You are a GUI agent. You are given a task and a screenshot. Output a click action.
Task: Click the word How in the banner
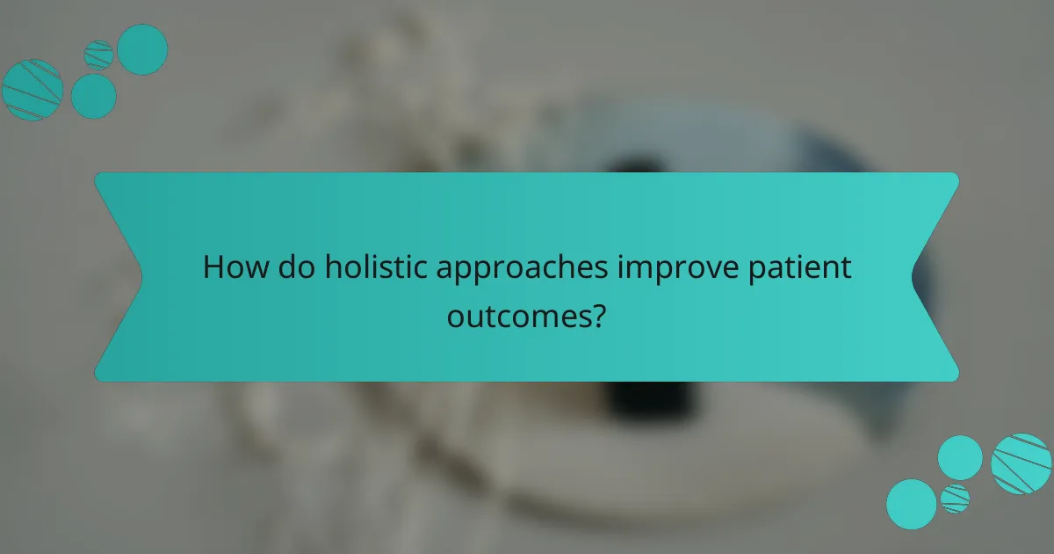click(x=230, y=268)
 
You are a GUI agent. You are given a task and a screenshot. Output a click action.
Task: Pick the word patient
click(x=806, y=268)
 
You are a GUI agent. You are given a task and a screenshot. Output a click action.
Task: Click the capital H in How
click(x=212, y=268)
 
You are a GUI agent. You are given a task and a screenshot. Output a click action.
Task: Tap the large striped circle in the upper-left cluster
click(x=32, y=90)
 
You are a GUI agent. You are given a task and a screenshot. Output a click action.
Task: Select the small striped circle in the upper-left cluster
click(x=98, y=55)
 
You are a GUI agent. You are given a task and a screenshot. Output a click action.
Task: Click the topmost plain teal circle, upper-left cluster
click(x=142, y=48)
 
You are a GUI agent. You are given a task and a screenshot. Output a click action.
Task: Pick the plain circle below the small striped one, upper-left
click(x=93, y=96)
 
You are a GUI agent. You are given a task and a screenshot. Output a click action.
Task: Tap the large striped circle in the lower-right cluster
click(x=1021, y=463)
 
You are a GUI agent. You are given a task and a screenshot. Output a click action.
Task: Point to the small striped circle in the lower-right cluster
click(x=955, y=498)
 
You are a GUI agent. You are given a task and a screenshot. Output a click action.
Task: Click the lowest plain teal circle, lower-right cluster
click(x=911, y=504)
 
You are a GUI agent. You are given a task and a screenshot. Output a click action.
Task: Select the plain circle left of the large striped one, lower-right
click(x=960, y=457)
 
